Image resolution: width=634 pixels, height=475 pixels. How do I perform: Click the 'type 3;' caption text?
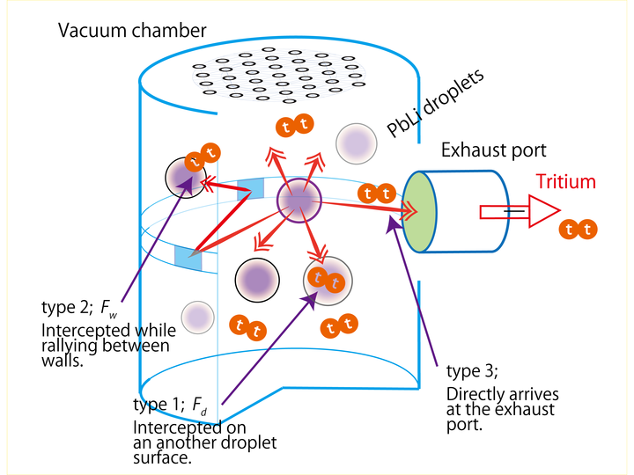472,370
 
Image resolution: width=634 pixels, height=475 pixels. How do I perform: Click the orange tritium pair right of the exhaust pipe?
579,230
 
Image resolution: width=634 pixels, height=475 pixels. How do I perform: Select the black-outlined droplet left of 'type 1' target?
257,280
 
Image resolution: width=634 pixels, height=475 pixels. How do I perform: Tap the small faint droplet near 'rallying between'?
197,315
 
